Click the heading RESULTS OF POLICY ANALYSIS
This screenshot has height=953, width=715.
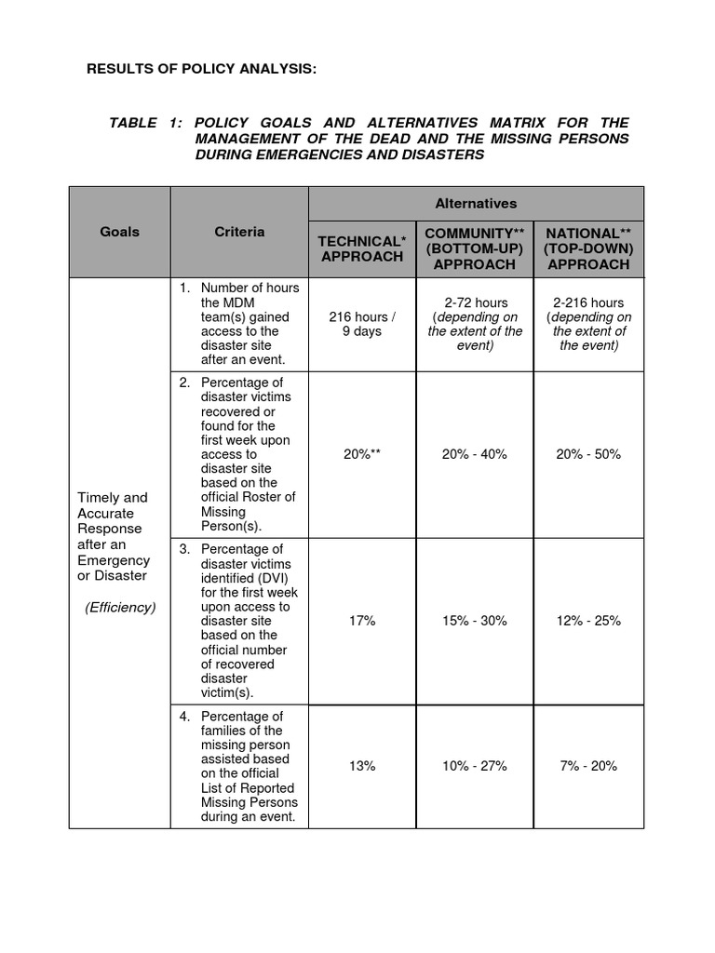pyautogui.click(x=201, y=68)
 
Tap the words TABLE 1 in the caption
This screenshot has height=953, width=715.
pyautogui.click(x=142, y=123)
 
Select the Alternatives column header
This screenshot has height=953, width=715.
pyautogui.click(x=476, y=203)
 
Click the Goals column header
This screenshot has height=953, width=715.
pyautogui.click(x=119, y=232)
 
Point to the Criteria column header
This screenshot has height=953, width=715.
pyautogui.click(x=239, y=232)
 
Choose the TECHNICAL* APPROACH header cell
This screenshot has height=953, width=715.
pyautogui.click(x=362, y=248)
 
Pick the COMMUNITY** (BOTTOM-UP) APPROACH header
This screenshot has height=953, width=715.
pyautogui.click(x=475, y=248)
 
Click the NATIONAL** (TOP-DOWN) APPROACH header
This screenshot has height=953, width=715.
pyautogui.click(x=588, y=248)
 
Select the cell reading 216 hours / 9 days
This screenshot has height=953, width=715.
pyautogui.click(x=362, y=324)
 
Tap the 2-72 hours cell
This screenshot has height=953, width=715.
pyautogui.click(x=475, y=324)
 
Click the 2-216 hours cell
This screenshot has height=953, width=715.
pyautogui.click(x=588, y=324)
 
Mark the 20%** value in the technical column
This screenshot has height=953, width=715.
pyautogui.click(x=362, y=454)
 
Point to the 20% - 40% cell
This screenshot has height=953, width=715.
pyautogui.click(x=475, y=454)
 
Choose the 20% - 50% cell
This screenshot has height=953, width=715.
pyautogui.click(x=588, y=454)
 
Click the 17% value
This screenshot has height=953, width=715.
pyautogui.click(x=362, y=621)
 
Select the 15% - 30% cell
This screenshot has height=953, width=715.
pyautogui.click(x=475, y=621)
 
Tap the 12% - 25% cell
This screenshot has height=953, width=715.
pyautogui.click(x=588, y=621)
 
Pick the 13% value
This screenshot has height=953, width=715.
pyautogui.click(x=362, y=766)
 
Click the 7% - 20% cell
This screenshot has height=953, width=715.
pyautogui.click(x=588, y=766)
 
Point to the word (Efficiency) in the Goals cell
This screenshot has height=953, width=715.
pyautogui.click(x=120, y=608)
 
